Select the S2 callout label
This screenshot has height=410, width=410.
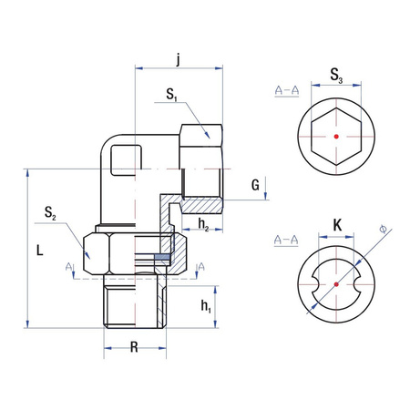50,215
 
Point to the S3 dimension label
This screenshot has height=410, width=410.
336,74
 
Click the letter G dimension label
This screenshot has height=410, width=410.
256,186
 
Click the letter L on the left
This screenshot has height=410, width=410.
36,247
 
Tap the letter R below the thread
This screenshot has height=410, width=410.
135,347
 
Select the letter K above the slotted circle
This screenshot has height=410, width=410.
336,224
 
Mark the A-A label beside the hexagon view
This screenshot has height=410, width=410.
286,91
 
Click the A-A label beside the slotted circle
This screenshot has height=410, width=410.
286,240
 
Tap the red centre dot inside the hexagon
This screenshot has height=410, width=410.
336,135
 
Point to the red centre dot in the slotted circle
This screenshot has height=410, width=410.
336,283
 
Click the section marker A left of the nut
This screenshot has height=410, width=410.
69,265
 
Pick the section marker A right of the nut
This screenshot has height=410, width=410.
201,265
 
